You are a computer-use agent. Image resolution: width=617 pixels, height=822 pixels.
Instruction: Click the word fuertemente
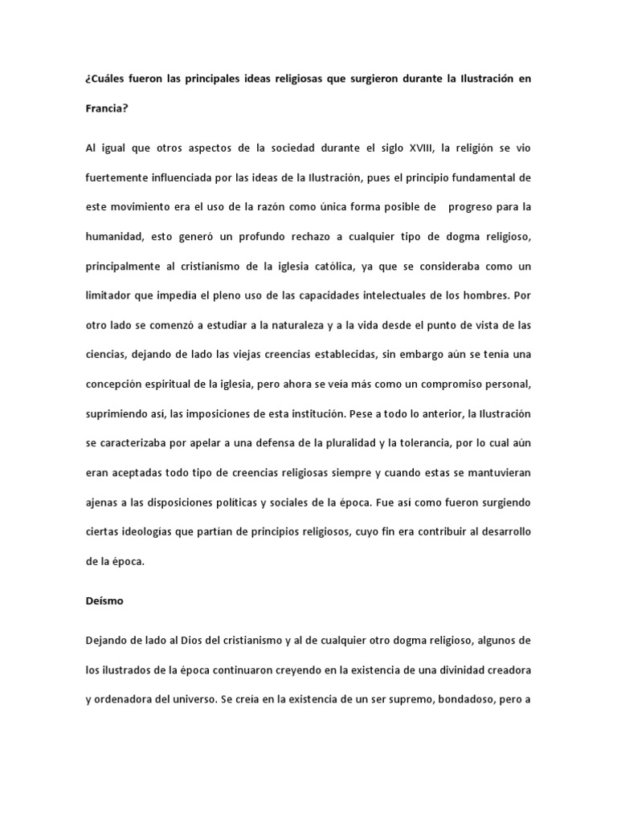(117, 177)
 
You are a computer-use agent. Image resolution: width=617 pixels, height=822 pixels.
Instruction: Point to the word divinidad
(461, 669)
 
